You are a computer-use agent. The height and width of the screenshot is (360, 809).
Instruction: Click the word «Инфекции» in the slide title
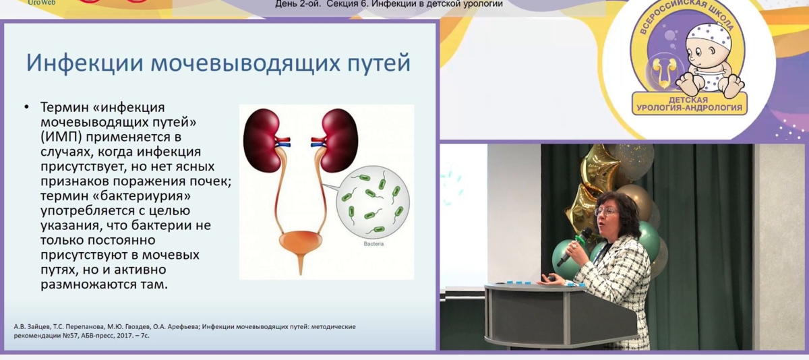[85, 63]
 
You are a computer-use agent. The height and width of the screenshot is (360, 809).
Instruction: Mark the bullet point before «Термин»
[26, 107]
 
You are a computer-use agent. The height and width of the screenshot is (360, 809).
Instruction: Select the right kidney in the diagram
[338, 140]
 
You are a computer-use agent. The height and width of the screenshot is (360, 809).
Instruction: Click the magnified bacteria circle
[373, 202]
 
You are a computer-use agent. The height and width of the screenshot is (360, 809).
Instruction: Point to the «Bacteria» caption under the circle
[373, 244]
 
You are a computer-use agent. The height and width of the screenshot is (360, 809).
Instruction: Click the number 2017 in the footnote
[124, 336]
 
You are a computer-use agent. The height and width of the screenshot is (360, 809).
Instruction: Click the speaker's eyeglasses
[605, 211]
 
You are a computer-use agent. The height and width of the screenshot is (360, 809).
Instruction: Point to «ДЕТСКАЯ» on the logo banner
[688, 100]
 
